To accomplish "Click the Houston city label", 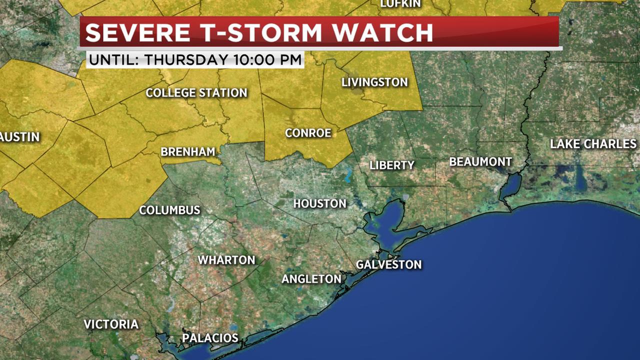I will [319, 203].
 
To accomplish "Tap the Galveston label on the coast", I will [388, 264].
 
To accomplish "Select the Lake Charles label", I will [593, 144].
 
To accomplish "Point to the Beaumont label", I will [480, 162].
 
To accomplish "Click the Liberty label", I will [392, 165].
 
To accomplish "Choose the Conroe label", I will [308, 133].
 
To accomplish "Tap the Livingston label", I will [374, 82].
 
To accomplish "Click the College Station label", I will [196, 93].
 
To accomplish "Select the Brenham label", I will [187, 151].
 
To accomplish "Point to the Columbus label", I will [169, 210].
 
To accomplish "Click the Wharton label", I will [226, 260].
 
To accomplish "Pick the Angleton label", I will [311, 279].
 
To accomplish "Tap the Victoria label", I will [111, 324].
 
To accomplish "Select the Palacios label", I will [210, 338].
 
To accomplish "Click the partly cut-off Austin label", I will [19, 137].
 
